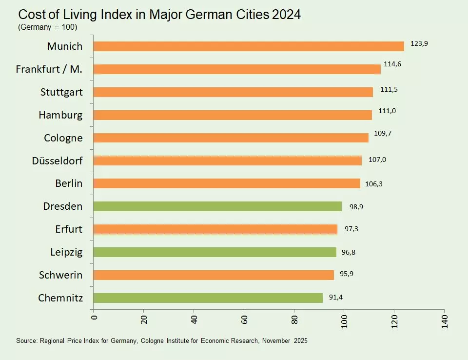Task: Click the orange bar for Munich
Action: [x=248, y=46]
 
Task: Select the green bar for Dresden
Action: [x=217, y=206]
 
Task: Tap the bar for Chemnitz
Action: [x=208, y=298]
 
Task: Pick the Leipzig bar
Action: [x=214, y=252]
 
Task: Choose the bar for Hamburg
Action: [x=232, y=115]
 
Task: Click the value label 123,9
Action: [x=419, y=44]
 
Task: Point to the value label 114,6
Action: [x=392, y=64]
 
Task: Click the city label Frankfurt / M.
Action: [x=49, y=69]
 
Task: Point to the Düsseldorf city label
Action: [x=57, y=160]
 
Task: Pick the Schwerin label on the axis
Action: [x=60, y=275]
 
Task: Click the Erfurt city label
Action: [x=69, y=229]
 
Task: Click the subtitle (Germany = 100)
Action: [x=48, y=27]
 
